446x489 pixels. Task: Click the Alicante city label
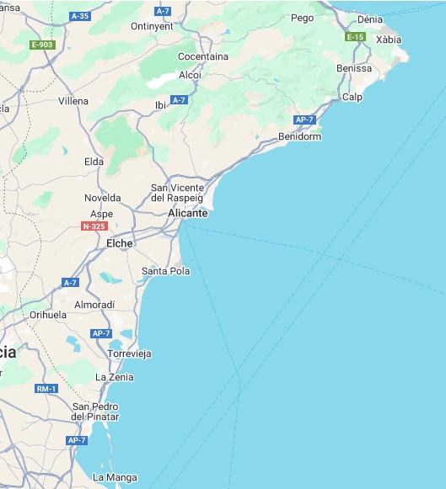[x=187, y=213]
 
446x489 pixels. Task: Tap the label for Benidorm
[x=299, y=136]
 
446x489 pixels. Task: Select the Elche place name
[x=120, y=243]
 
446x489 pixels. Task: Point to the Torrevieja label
[x=129, y=353]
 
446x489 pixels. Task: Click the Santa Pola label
[x=165, y=271]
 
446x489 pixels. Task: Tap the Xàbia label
[x=389, y=40]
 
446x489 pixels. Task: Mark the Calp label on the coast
[x=352, y=97]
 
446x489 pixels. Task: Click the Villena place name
[x=73, y=101]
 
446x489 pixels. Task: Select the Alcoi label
[x=190, y=74]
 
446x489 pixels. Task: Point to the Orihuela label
[x=48, y=315]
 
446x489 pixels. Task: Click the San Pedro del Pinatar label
[x=95, y=412]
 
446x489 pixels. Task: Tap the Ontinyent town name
[x=152, y=26]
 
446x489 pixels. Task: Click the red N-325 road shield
[x=94, y=226]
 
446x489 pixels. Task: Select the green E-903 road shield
[x=41, y=45]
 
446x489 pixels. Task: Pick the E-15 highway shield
[x=355, y=37]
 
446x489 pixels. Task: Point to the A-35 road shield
[x=80, y=16]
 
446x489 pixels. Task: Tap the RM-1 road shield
[x=46, y=388]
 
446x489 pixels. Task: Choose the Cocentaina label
[x=203, y=56]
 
